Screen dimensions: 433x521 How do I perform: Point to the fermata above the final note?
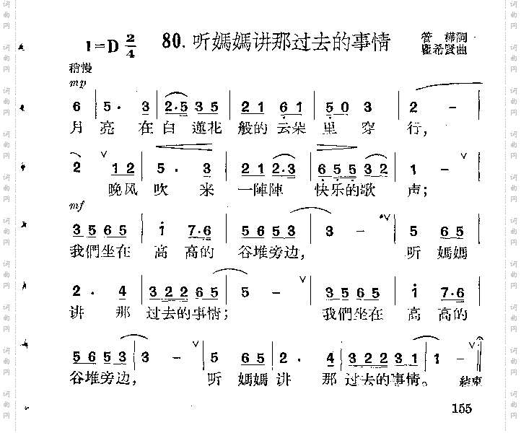479,339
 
